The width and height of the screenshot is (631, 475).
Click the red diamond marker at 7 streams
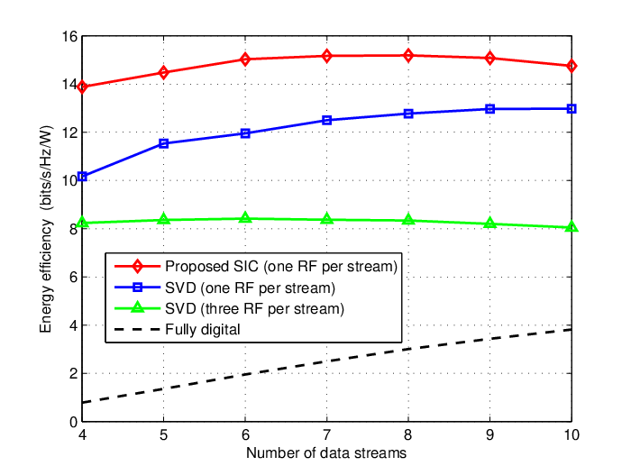click(326, 56)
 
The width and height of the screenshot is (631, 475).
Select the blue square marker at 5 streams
click(163, 143)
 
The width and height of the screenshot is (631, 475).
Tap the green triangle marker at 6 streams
click(245, 218)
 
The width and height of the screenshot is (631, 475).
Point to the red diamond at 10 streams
click(572, 66)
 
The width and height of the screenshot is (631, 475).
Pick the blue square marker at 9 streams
click(489, 109)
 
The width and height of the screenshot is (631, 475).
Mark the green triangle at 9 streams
click(489, 223)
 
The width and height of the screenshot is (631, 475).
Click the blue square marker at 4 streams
click(82, 177)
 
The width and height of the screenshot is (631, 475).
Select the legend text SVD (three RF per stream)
click(255, 309)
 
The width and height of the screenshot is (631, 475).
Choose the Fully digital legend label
click(203, 329)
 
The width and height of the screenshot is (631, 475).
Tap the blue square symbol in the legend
click(137, 288)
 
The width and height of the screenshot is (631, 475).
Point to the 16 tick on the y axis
click(69, 37)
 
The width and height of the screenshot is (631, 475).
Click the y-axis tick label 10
click(69, 181)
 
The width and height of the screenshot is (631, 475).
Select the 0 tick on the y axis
click(73, 422)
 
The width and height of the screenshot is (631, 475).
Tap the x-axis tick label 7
click(326, 435)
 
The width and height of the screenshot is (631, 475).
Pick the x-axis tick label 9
click(489, 435)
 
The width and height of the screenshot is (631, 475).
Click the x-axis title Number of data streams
click(326, 453)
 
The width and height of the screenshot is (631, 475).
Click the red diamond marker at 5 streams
click(163, 73)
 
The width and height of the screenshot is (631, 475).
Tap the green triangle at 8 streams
click(408, 220)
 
